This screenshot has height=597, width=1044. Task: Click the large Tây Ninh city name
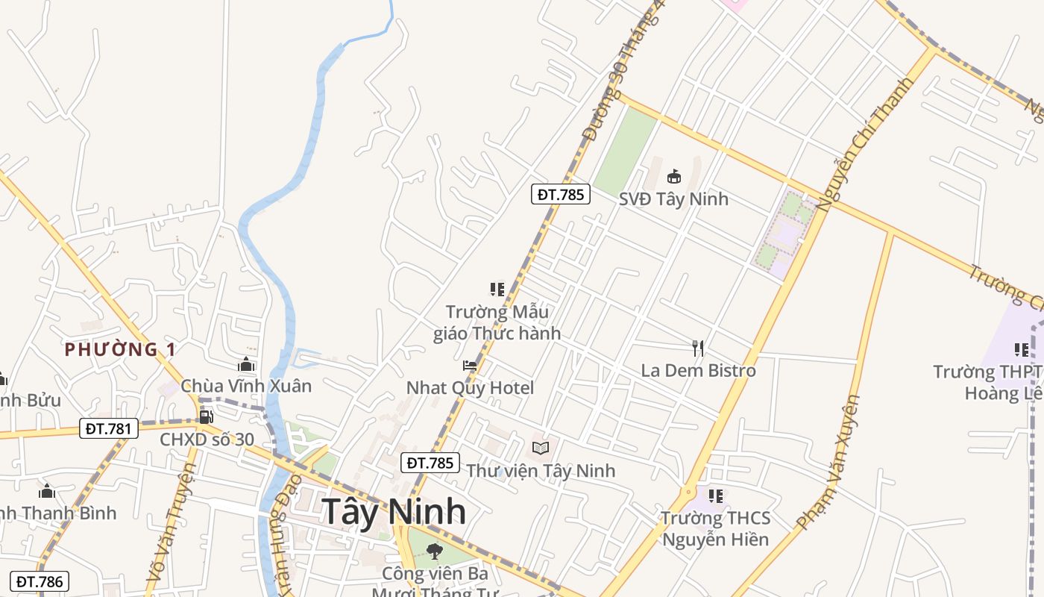pos(394,512)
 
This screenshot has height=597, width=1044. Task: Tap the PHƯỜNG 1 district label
pos(120,349)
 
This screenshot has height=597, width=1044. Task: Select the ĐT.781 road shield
pos(109,428)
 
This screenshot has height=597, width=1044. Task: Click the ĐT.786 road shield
pos(42,581)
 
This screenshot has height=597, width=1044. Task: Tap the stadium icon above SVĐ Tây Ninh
pos(674,177)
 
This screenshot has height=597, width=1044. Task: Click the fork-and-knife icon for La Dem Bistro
pos(697,348)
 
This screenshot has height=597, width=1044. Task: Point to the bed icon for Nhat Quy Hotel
pos(470,366)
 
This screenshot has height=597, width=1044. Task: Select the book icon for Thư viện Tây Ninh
pos(541,448)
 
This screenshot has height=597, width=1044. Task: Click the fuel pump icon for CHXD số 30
pos(206,416)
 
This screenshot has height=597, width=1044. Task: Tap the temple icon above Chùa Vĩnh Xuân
pos(246,364)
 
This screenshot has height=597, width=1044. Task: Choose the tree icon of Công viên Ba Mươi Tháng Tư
pos(434,551)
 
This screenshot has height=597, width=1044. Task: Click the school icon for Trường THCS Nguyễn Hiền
pos(716,496)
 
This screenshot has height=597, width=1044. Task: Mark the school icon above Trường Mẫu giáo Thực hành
pos(497,289)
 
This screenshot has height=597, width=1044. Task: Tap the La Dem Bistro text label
pos(698,371)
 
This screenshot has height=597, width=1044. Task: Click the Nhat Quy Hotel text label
pos(470,388)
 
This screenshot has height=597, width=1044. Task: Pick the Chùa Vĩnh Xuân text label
pos(246,386)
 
